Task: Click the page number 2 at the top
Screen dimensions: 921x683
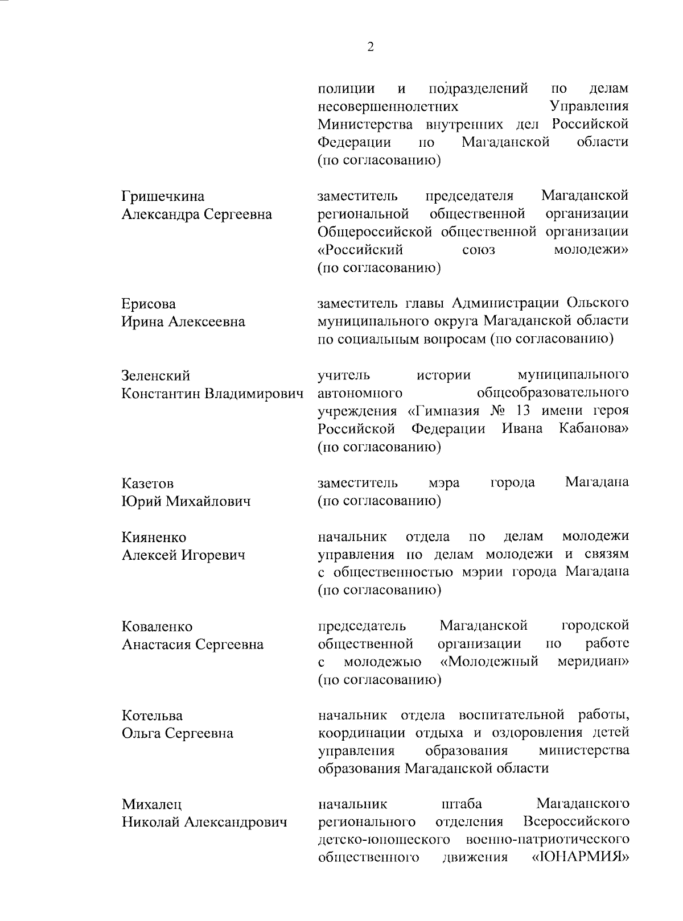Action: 371,48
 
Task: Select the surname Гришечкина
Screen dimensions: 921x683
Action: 163,197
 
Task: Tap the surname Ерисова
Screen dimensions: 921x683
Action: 149,304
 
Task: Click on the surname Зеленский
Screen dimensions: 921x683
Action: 156,376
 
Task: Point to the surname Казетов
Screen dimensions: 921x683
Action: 147,484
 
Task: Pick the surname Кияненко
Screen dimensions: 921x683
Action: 154,538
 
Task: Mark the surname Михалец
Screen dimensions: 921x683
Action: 151,804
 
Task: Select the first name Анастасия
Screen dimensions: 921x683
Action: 156,645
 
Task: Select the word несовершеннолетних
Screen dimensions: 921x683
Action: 388,106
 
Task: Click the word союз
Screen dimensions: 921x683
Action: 479,250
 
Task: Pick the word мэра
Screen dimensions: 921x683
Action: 444,483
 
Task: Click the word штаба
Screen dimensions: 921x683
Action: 462,804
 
